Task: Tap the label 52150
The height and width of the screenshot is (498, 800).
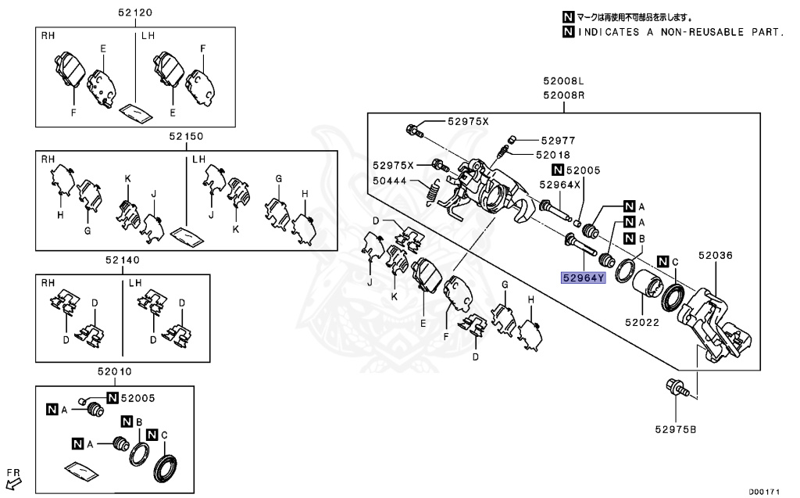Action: point(184,136)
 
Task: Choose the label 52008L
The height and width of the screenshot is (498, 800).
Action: point(565,81)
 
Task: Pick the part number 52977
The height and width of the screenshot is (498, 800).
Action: point(557,140)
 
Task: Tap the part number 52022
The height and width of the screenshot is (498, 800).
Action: point(642,321)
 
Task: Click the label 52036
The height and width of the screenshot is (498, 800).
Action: point(716,255)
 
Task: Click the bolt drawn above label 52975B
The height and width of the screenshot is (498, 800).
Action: point(675,389)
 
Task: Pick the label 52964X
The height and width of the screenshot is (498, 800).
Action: point(560,185)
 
